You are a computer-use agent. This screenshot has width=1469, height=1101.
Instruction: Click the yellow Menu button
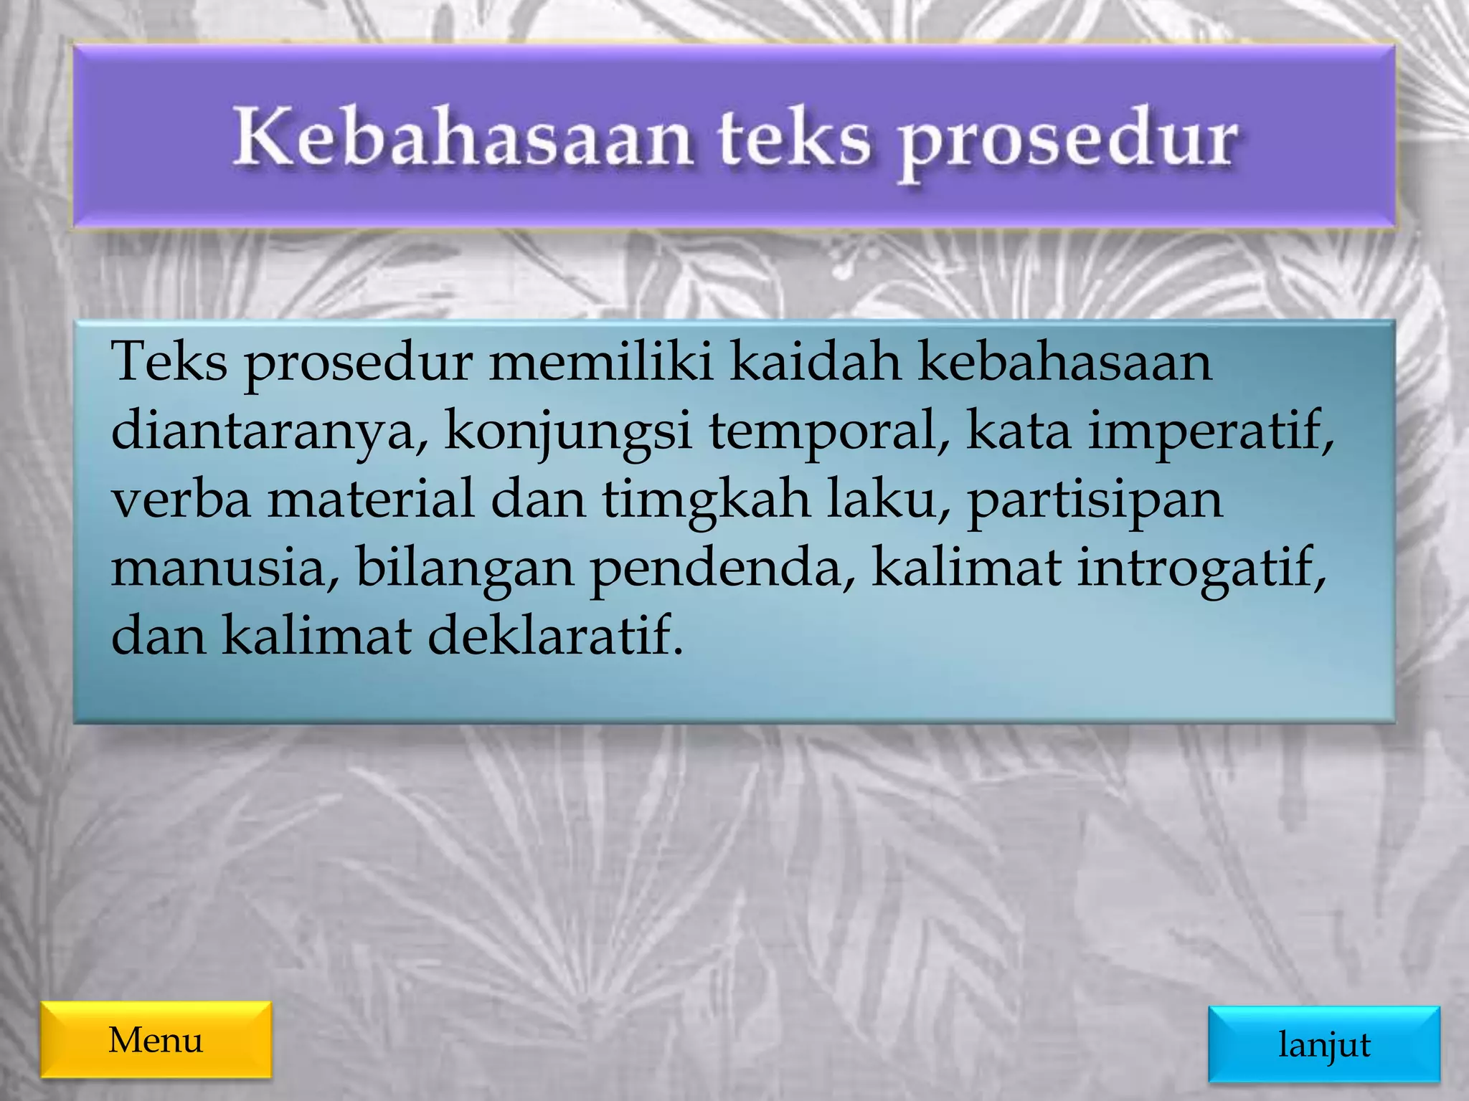coord(156,1039)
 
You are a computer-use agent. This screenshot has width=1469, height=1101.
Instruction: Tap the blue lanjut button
coord(1323,1044)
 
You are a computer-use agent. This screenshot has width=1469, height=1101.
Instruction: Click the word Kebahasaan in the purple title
coord(462,138)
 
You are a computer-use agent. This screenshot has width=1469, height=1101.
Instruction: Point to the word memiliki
coord(601,362)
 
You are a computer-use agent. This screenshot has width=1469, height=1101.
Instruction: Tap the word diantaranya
coord(270,432)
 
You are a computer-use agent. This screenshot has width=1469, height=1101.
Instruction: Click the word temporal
coord(828,432)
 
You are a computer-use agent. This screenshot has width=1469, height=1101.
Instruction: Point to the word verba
coord(181,500)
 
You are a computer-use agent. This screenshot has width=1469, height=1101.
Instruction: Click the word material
coord(371,500)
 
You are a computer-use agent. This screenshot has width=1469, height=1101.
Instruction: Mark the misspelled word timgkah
coord(706,500)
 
